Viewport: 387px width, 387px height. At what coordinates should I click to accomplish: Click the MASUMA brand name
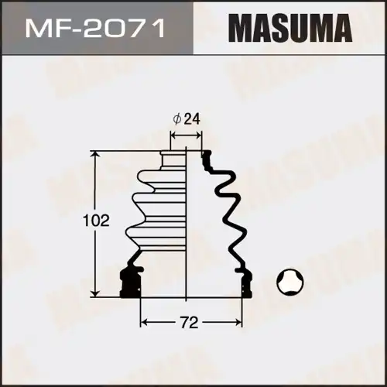[288, 30]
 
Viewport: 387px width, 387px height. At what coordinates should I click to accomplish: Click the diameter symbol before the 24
[177, 119]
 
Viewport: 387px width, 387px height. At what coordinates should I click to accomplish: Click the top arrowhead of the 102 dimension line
[97, 156]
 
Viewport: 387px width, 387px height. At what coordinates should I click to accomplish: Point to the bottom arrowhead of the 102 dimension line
[97, 293]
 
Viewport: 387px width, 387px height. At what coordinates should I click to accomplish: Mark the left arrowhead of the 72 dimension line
[143, 320]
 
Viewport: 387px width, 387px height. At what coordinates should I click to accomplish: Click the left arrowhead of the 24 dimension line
[173, 135]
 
